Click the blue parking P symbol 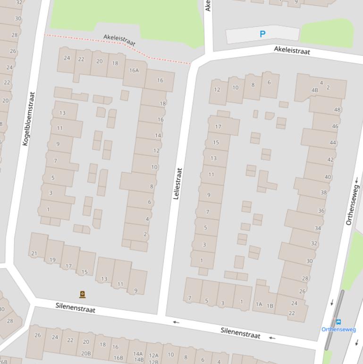262,34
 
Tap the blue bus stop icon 338,322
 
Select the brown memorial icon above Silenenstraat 83,295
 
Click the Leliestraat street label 177,183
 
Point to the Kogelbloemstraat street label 29,118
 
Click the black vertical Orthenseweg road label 352,205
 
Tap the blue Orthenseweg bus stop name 338,329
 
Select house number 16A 134,70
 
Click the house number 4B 315,90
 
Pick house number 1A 259,305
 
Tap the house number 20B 86,353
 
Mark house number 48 337,110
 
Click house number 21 34,253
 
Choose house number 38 323,192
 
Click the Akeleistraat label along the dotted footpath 119,41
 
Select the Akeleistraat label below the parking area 292,50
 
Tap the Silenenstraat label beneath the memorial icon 76,307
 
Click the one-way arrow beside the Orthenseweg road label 356,180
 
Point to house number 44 333,143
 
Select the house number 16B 118,358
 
